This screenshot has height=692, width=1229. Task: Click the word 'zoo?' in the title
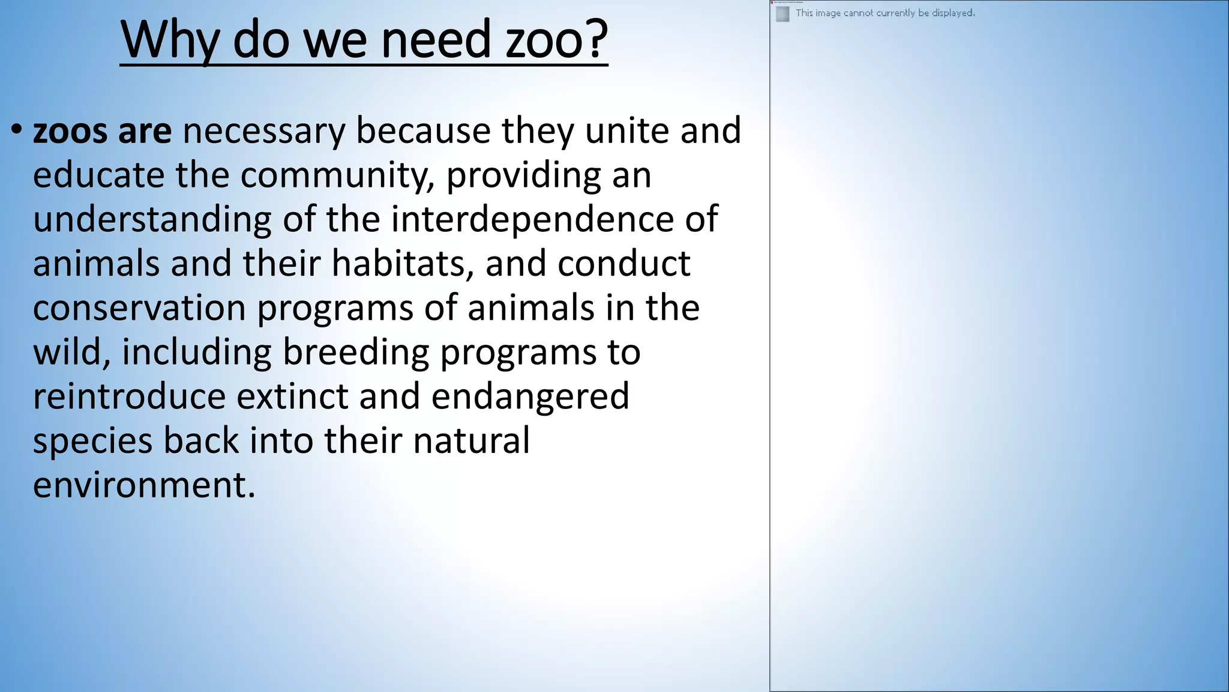pos(556,40)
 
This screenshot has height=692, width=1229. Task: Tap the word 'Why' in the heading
pos(170,40)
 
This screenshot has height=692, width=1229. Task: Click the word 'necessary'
pos(264,132)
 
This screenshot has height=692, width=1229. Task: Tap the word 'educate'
pos(98,175)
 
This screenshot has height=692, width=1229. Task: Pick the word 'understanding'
pos(152,220)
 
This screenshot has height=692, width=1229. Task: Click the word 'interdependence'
pos(532,219)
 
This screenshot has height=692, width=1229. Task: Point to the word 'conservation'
pos(139,308)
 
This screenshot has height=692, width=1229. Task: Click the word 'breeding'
pos(355,352)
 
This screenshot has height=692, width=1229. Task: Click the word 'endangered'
pos(530,396)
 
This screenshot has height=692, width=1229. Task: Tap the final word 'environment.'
pos(144,485)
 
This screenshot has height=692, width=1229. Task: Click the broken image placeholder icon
pos(783,14)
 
